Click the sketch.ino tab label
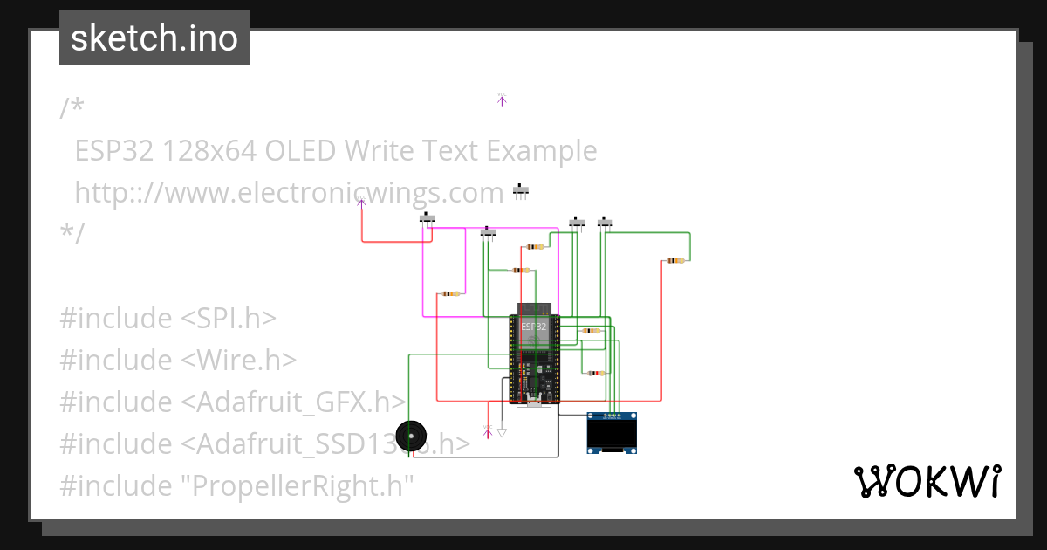tap(154, 38)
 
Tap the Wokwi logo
tap(927, 481)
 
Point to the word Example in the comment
tap(541, 150)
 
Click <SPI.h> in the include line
tap(229, 318)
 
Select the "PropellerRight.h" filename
tap(297, 485)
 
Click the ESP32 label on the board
tap(533, 327)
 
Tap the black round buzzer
tap(411, 435)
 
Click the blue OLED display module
tap(612, 433)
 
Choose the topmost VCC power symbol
tap(502, 100)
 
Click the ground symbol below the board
tap(502, 431)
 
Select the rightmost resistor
tap(674, 260)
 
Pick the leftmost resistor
tap(450, 293)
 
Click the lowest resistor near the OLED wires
tap(594, 374)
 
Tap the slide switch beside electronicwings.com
tap(522, 190)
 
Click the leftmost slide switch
tap(428, 217)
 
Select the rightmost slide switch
tap(605, 223)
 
